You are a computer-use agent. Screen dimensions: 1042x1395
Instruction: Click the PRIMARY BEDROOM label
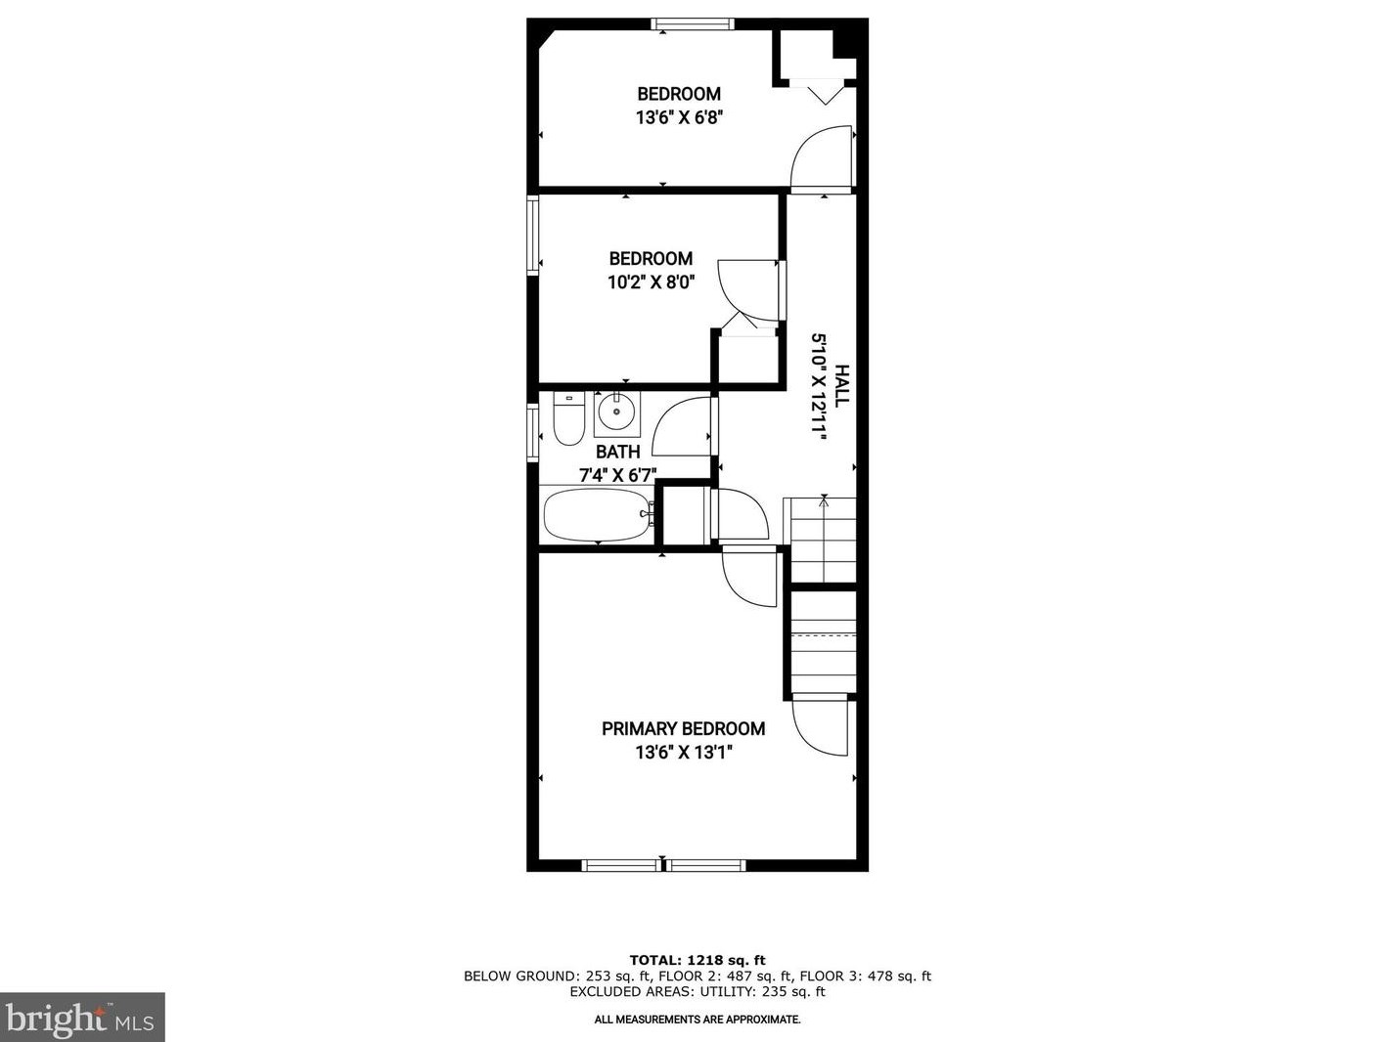pyautogui.click(x=683, y=728)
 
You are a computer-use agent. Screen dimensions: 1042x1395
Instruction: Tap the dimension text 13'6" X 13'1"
pyautogui.click(x=683, y=753)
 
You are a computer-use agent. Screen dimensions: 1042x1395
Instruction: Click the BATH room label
pyautogui.click(x=618, y=452)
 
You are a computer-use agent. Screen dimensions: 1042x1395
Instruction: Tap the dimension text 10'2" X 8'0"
pyautogui.click(x=651, y=282)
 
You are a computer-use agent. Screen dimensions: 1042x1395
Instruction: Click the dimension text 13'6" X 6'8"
pyautogui.click(x=679, y=117)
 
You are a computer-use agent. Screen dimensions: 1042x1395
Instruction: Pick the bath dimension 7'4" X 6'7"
pyautogui.click(x=617, y=476)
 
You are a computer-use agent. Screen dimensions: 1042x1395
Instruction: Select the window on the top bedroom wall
pyautogui.click(x=693, y=24)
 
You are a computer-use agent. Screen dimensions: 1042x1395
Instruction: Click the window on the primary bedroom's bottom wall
pyautogui.click(x=663, y=865)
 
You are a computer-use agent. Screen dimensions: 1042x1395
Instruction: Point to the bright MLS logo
pyautogui.click(x=82, y=1018)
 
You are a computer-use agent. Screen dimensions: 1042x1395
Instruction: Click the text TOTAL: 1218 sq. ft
pyautogui.click(x=697, y=960)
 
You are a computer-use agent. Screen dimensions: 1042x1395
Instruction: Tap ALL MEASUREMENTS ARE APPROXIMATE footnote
pyautogui.click(x=697, y=1020)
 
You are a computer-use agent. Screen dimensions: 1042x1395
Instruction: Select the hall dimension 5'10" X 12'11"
pyautogui.click(x=819, y=388)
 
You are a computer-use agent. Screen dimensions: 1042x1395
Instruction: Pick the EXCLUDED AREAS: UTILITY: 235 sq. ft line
pyautogui.click(x=697, y=991)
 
